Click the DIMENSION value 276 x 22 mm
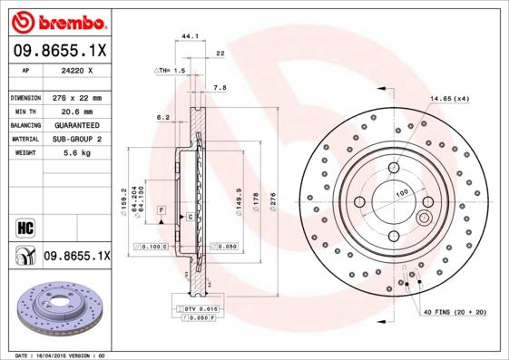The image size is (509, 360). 76,97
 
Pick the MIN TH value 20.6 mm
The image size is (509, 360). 76,111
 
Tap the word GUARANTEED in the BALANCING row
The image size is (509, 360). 76,124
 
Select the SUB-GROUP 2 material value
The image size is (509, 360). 76,139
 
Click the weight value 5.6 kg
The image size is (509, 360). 76,153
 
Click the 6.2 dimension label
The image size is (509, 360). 163,117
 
